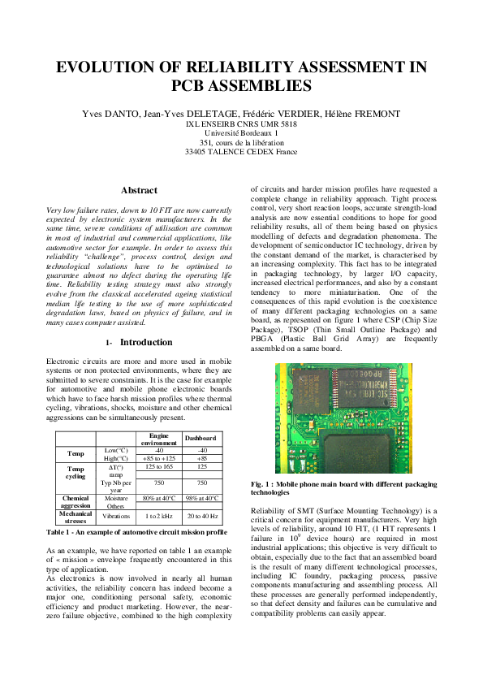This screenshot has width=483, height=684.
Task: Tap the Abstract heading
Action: (x=140, y=190)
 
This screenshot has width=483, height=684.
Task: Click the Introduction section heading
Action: (x=147, y=342)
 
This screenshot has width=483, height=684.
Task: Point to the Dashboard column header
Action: (x=200, y=438)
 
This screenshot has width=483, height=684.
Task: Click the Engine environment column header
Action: (x=159, y=438)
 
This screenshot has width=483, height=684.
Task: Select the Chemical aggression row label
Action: (x=75, y=501)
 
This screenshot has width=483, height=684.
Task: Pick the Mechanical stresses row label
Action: (x=75, y=516)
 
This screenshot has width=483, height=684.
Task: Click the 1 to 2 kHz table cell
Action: (x=159, y=516)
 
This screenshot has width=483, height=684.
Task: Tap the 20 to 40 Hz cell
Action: (x=200, y=516)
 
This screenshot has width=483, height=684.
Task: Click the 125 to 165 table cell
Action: (x=159, y=467)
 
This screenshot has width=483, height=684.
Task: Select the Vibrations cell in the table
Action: (x=116, y=516)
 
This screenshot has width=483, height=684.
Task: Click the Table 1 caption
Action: (x=136, y=532)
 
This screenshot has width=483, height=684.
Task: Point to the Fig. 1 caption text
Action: (x=343, y=488)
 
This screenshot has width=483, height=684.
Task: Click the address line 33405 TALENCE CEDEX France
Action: (x=241, y=151)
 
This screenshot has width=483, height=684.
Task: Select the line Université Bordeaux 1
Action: (x=241, y=132)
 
